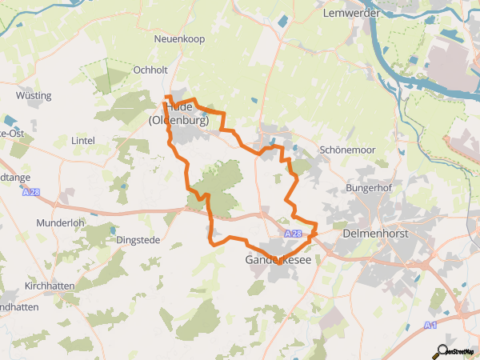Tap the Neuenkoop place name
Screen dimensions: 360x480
[x=180, y=38]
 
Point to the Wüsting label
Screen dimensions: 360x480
[x=34, y=96]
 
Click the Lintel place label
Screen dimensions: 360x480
[x=82, y=141]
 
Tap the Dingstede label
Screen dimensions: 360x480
[x=138, y=240]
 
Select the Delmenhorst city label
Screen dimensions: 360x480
[x=376, y=234]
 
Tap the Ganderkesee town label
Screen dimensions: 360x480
[x=279, y=260]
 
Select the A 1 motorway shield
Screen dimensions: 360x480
[x=431, y=325]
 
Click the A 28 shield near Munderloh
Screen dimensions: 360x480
[x=31, y=193]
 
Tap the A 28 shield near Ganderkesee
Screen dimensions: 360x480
[x=294, y=234]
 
